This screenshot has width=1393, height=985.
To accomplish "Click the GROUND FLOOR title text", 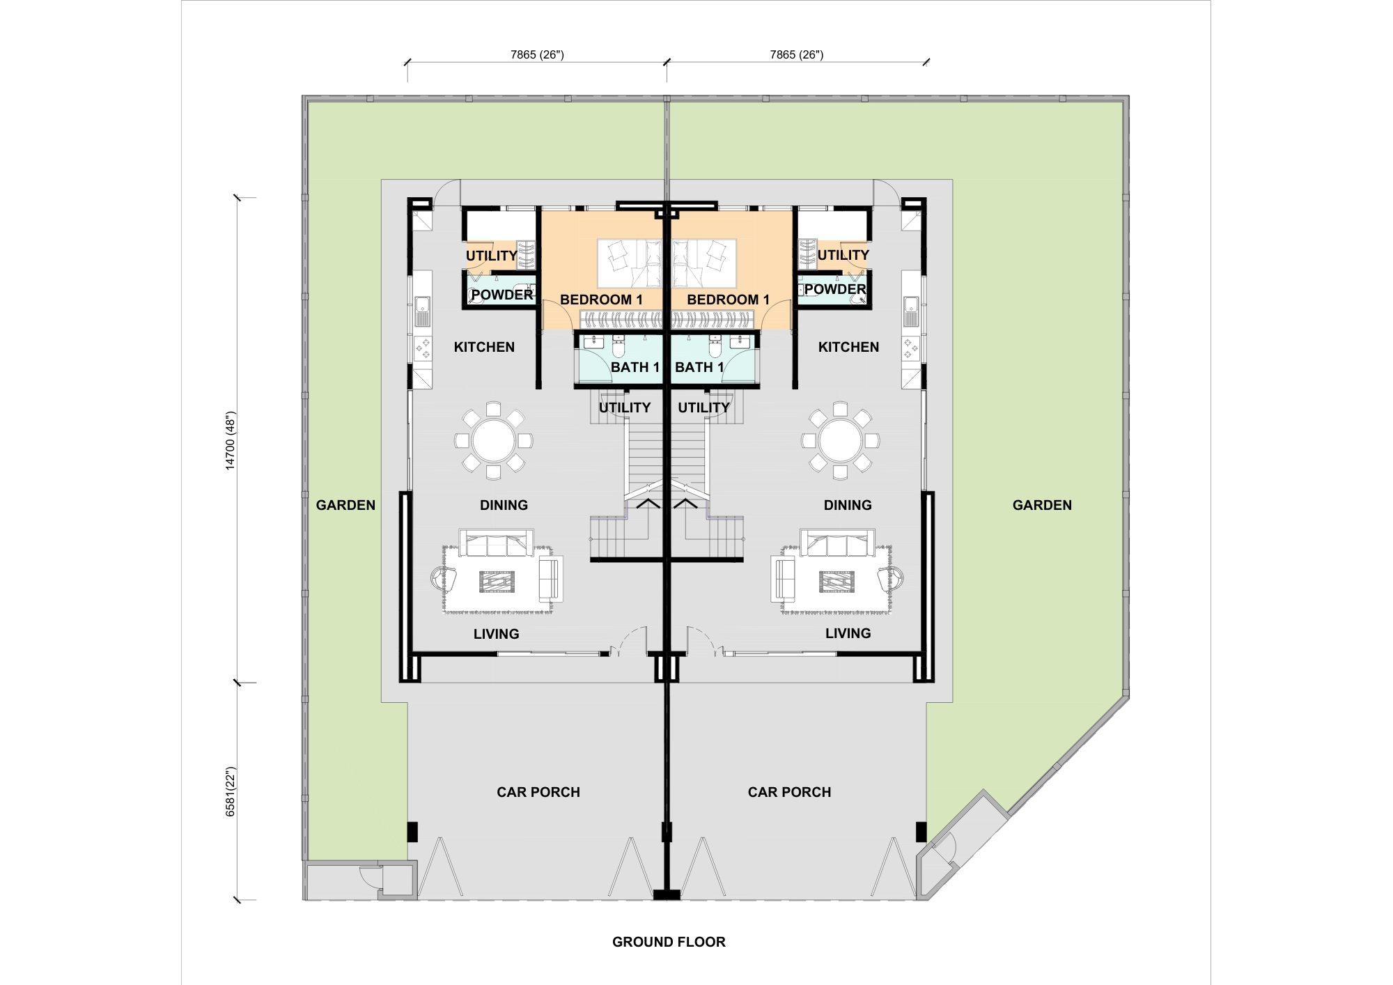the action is (669, 942).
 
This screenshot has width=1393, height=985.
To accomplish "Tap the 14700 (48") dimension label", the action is (231, 441).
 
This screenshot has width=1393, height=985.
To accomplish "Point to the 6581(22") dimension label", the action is (231, 792).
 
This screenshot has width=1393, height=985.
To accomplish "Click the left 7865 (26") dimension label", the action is (537, 54).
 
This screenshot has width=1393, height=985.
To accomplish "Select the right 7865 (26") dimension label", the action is (797, 54).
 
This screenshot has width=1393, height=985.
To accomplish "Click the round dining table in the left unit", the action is (493, 440).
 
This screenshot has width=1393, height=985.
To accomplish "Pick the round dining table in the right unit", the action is (840, 440).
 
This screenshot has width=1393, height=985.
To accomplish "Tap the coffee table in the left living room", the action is (497, 581).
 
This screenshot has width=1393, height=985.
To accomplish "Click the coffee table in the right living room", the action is (836, 581).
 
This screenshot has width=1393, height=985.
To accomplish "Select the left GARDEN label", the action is (345, 505).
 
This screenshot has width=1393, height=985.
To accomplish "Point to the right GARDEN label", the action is (1042, 505).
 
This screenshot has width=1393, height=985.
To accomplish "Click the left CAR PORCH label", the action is (538, 792).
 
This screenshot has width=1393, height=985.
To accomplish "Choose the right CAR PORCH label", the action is (789, 792).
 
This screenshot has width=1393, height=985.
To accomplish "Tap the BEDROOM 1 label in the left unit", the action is (601, 300).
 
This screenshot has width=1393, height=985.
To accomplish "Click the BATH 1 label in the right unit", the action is (699, 367).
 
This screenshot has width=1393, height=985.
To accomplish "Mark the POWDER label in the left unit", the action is (501, 295).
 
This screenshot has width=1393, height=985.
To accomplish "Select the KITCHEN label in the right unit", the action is (848, 347).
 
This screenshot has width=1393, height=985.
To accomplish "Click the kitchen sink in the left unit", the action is (422, 311).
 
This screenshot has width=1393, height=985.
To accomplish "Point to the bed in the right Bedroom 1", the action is (703, 263).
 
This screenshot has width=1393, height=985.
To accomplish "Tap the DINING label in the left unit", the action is (504, 505).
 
